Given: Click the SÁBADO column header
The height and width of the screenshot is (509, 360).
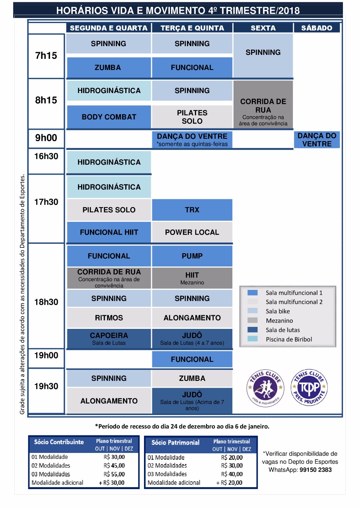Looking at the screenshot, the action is (317, 28).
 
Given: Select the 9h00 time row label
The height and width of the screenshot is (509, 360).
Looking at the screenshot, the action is (46, 138).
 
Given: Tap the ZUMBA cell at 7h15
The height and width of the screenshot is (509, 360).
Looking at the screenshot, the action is (109, 68).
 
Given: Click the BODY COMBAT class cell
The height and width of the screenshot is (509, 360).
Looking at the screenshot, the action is (109, 117).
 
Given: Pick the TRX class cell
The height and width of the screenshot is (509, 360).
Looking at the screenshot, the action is (192, 210).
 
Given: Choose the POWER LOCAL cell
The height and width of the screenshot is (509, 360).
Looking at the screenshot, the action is (192, 232).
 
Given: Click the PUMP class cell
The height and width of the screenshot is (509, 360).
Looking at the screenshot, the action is (192, 256).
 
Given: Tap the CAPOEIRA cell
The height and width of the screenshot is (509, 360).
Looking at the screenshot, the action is (109, 338).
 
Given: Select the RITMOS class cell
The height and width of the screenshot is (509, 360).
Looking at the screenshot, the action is (109, 318).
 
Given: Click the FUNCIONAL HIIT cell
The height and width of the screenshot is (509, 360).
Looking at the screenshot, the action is (109, 232).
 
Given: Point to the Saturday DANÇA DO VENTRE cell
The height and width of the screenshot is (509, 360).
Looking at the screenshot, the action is (317, 140).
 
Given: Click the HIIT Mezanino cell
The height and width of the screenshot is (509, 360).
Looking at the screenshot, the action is (192, 278).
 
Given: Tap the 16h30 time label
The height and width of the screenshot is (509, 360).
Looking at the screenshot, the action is (46, 156).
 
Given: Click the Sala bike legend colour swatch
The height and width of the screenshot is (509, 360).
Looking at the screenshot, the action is (253, 311).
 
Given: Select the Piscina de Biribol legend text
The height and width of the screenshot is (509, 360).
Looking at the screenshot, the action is (289, 340).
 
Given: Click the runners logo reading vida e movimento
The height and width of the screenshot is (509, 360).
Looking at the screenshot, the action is (265, 388).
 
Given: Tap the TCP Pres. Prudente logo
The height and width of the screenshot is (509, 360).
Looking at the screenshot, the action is (309, 387).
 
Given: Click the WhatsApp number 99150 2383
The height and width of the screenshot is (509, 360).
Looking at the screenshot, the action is (315, 470).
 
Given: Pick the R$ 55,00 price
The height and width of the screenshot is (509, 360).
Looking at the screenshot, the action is (114, 474).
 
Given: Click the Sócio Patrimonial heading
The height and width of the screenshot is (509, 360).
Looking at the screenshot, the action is (175, 443).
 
